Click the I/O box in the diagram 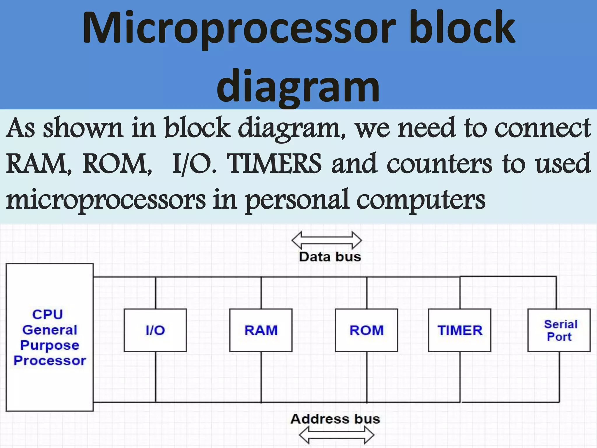click(155, 330)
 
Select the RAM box click(261, 330)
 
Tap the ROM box click(366, 330)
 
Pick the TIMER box click(460, 330)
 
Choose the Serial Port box click(559, 330)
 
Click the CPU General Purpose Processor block click(50, 337)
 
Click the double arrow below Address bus click(337, 435)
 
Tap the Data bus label click(330, 257)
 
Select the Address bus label click(335, 419)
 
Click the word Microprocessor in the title click(239, 29)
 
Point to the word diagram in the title click(298, 86)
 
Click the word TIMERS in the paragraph click(274, 164)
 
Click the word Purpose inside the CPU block click(50, 345)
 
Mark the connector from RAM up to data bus click(261, 293)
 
